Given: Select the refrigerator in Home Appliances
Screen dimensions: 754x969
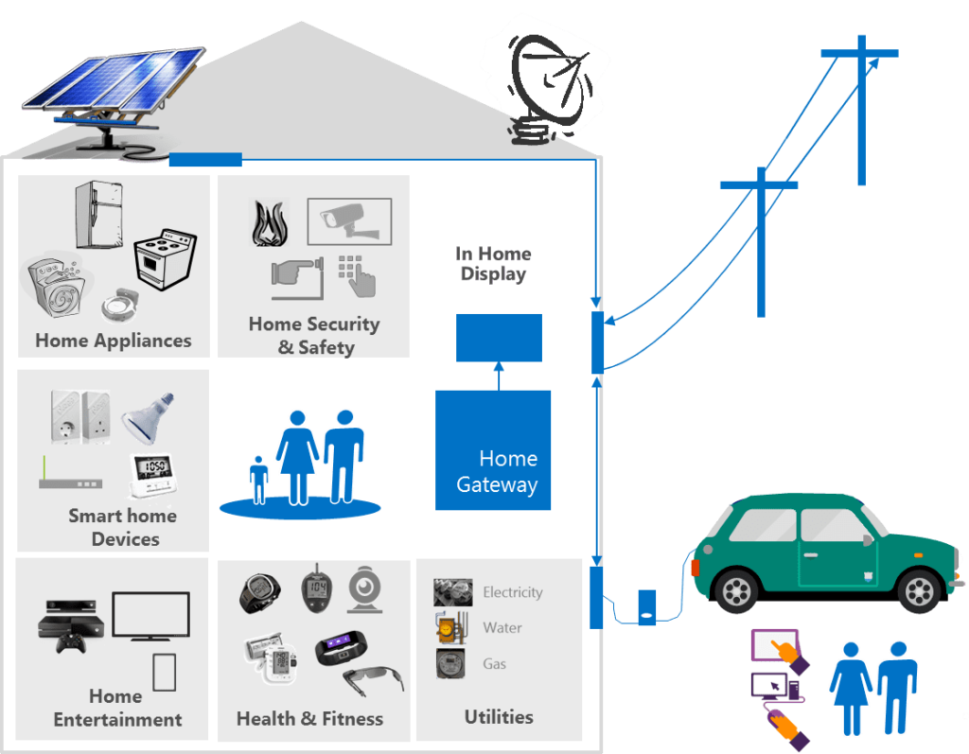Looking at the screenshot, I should [98, 215].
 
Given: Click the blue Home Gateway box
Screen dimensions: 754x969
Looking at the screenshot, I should [493, 450].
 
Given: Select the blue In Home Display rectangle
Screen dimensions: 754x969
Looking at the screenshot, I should [499, 338].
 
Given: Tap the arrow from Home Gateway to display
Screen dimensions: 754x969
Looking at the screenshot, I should [499, 376].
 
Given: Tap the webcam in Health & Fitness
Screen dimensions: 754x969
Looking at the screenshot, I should [364, 590].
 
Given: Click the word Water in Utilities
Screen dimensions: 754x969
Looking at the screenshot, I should [502, 628].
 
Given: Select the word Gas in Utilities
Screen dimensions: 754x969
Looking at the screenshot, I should [495, 664].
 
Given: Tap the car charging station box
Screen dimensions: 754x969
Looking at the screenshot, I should [647, 606].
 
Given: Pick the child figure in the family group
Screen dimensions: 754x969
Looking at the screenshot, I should [258, 478].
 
